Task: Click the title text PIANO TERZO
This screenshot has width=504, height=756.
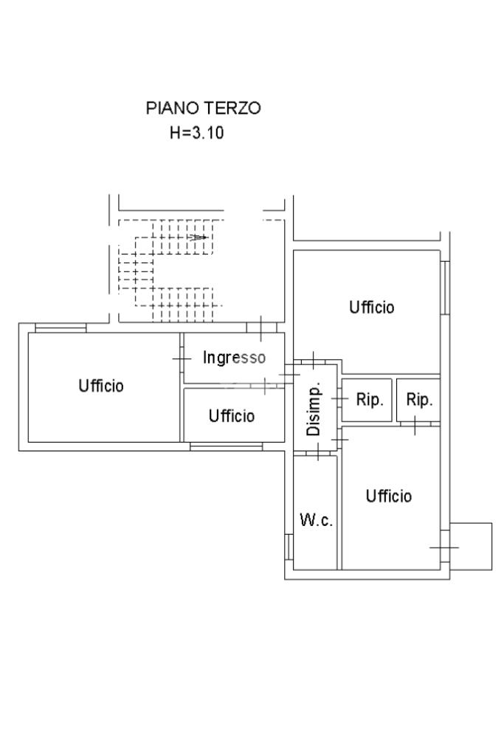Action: [203, 108]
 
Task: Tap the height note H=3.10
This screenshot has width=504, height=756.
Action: [197, 132]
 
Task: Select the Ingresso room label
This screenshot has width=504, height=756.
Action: [234, 357]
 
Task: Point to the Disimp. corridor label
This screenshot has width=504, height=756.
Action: [314, 410]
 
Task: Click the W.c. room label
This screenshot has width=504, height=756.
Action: [316, 520]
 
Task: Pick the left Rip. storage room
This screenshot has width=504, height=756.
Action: [367, 400]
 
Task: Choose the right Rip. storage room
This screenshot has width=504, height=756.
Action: [418, 400]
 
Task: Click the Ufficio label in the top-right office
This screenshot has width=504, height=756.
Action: [371, 307]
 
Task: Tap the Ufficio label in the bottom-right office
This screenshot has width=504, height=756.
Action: [389, 496]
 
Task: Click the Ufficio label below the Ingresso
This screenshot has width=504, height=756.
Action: [232, 415]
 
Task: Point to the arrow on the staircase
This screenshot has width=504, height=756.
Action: [198, 237]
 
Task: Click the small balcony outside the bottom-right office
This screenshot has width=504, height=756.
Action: [471, 547]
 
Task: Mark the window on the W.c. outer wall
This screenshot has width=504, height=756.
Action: [289, 547]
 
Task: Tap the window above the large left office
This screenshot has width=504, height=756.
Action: [61, 328]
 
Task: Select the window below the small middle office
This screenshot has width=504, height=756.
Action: [227, 446]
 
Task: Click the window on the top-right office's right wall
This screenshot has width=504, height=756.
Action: [445, 288]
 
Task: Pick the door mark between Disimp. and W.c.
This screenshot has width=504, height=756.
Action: [318, 452]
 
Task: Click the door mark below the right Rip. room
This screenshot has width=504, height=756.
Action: [415, 425]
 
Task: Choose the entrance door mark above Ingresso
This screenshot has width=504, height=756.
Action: [261, 328]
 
